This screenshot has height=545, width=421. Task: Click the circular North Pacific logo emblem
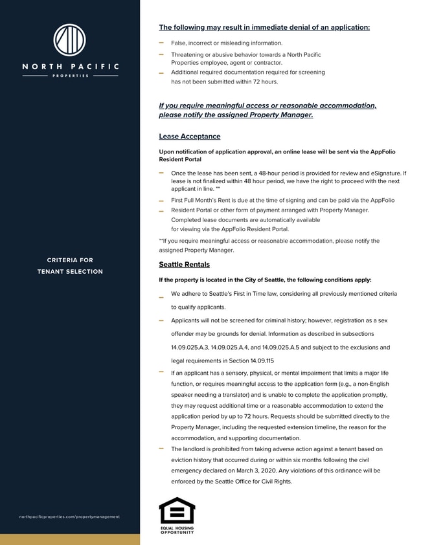pyautogui.click(x=70, y=40)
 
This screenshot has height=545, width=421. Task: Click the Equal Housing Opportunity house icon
pyautogui.click(x=177, y=511)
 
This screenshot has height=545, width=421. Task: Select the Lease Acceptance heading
pyautogui.click(x=189, y=137)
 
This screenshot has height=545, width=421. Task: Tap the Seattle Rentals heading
pyautogui.click(x=184, y=265)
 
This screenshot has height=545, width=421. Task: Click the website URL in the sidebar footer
pyautogui.click(x=70, y=517)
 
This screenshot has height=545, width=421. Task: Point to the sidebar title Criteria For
pyautogui.click(x=70, y=260)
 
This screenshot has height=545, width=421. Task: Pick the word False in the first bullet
pyautogui.click(x=179, y=43)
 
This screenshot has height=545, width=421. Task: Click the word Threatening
pyautogui.click(x=189, y=55)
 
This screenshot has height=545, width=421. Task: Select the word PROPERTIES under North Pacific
pyautogui.click(x=70, y=76)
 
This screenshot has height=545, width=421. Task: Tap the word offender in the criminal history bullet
pyautogui.click(x=185, y=333)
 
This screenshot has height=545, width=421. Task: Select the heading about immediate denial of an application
pyautogui.click(x=264, y=28)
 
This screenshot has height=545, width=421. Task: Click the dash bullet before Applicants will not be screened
pyautogui.click(x=161, y=320)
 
